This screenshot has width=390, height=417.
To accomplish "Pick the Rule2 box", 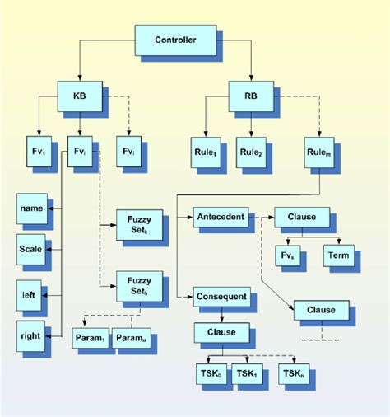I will [251, 152].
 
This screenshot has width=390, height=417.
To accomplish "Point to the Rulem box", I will [318, 152].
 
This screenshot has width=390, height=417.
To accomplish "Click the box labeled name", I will [30, 210].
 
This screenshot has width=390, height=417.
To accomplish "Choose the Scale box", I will [30, 248].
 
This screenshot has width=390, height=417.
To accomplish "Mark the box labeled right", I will [30, 335].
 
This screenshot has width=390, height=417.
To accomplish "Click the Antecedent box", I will [220, 218].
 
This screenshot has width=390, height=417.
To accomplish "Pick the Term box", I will [337, 255].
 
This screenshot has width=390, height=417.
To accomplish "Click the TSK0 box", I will [211, 373].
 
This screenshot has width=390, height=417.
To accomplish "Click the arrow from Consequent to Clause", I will [221, 314].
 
